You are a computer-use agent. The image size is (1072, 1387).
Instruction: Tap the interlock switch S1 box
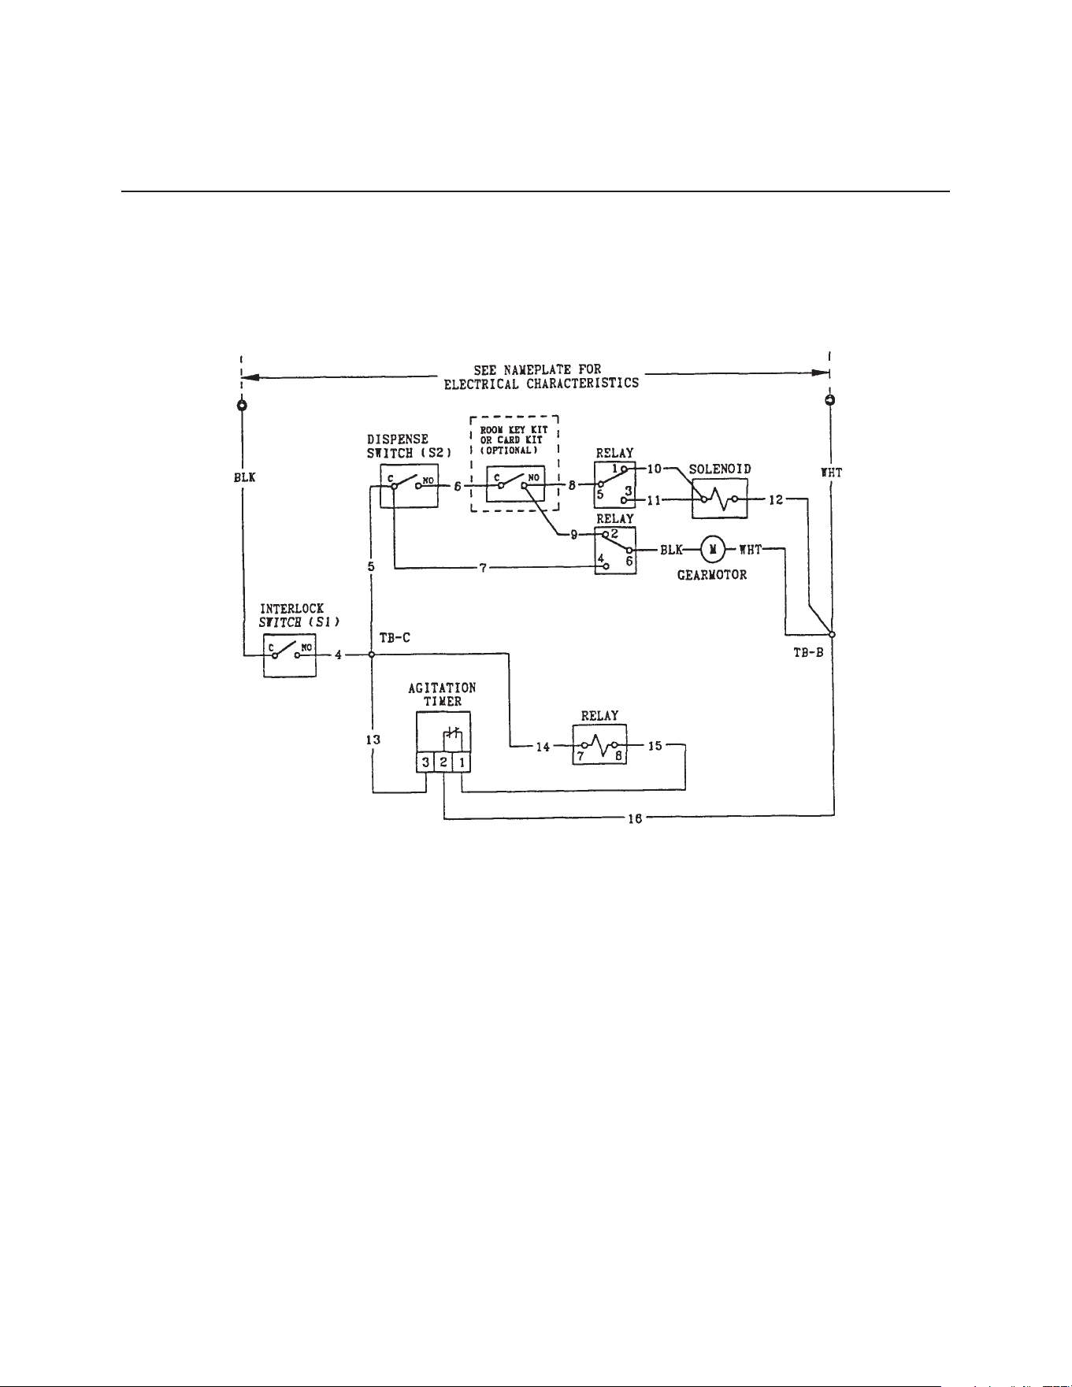[289, 654]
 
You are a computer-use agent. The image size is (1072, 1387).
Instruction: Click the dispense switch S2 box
[407, 486]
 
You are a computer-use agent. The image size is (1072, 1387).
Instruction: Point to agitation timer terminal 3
[425, 762]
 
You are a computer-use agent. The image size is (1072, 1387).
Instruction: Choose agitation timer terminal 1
[462, 762]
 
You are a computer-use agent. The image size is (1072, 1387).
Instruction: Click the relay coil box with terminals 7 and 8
[599, 745]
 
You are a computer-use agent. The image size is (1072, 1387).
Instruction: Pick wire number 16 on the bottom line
[635, 818]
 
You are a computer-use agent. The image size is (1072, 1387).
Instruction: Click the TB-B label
[808, 653]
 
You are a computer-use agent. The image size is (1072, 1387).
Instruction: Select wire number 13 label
[373, 740]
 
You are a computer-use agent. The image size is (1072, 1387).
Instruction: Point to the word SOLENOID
[720, 469]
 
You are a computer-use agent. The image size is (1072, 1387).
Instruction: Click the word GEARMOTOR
[712, 575]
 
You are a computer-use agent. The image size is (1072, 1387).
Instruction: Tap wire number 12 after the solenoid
[776, 499]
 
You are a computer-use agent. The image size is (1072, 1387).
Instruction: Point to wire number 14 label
[543, 747]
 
